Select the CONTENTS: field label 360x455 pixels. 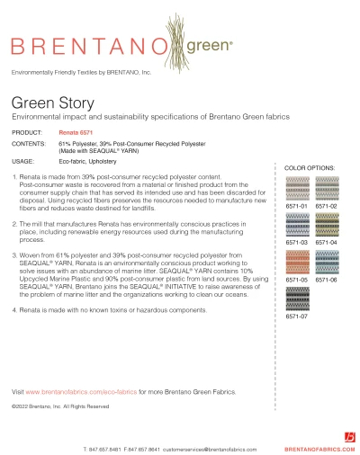pyautogui.click(x=29, y=142)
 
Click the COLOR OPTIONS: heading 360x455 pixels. pyautogui.click(x=311, y=168)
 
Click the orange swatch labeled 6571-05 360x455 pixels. pyautogui.click(x=297, y=263)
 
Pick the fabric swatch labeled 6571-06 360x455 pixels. pyautogui.click(x=326, y=263)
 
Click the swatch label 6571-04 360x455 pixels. pyautogui.click(x=326, y=243)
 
